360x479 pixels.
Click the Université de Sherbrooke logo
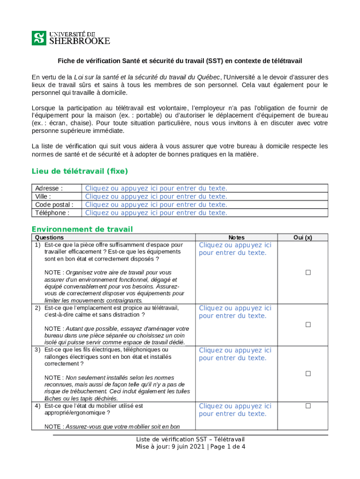pyautogui.click(x=71, y=38)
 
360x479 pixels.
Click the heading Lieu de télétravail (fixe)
pyautogui.click(x=79, y=171)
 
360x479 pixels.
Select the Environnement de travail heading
pyautogui.click(x=82, y=229)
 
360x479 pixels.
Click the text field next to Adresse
pyautogui.click(x=156, y=189)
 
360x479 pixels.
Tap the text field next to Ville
pyautogui.click(x=156, y=196)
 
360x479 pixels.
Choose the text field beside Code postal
pyautogui.click(x=156, y=204)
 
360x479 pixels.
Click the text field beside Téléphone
pyautogui.click(x=156, y=213)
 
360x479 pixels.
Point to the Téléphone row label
pyautogui.click(x=52, y=213)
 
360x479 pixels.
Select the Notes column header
pyautogui.click(x=236, y=238)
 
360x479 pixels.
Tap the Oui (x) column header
pyautogui.click(x=302, y=238)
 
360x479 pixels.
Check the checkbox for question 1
pyautogui.click(x=308, y=273)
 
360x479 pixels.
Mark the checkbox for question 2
pyautogui.click(x=308, y=325)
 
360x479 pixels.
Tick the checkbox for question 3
pyautogui.click(x=308, y=373)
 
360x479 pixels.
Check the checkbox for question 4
pyautogui.click(x=308, y=406)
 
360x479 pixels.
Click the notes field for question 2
pyautogui.click(x=235, y=312)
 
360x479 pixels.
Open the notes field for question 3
pyautogui.click(x=235, y=354)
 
